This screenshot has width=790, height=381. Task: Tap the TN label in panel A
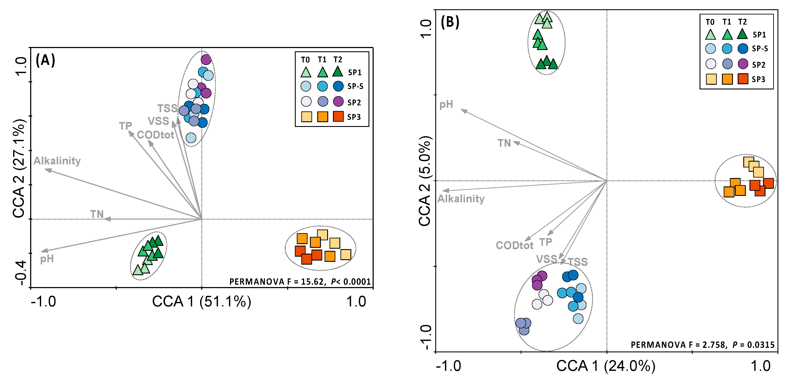(x=97, y=214)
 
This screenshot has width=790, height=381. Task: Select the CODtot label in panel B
(x=514, y=245)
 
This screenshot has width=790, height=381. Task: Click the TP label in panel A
(x=125, y=126)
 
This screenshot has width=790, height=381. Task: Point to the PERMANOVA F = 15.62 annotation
(x=300, y=281)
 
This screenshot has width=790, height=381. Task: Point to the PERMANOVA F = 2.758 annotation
(x=702, y=345)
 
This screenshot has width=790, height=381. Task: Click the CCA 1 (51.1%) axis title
(x=202, y=301)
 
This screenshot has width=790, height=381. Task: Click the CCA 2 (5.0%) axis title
(x=425, y=181)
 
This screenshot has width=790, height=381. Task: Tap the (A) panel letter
(x=45, y=60)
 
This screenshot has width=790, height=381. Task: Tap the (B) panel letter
(x=450, y=22)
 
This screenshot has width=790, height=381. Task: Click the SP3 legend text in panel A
(x=354, y=117)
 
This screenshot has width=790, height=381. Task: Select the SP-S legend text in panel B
(x=760, y=48)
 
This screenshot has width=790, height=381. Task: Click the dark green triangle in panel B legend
(x=742, y=34)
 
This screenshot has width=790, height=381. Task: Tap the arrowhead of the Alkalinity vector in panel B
(x=444, y=190)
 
